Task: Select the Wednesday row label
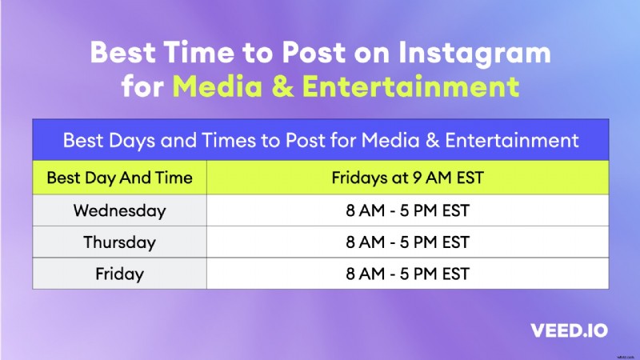[119, 211]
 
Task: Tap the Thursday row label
[119, 242]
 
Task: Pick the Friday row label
[119, 274]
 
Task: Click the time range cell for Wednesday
[407, 211]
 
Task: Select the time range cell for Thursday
[407, 242]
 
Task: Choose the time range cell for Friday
[407, 274]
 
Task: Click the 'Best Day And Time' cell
[119, 178]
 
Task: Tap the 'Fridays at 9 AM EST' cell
[407, 178]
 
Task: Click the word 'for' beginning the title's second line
[141, 86]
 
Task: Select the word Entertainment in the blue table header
[513, 141]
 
